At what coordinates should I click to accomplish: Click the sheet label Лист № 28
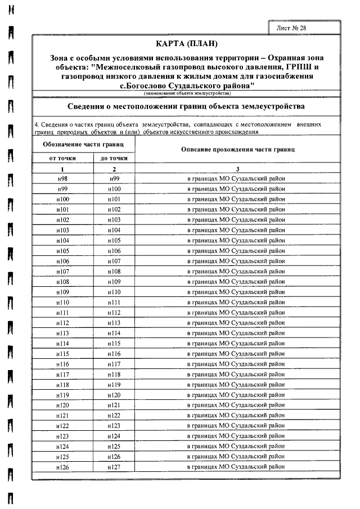click(x=291, y=27)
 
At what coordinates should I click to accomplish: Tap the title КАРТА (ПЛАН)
click(x=185, y=43)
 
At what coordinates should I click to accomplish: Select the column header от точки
click(x=62, y=158)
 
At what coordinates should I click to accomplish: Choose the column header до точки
click(x=114, y=158)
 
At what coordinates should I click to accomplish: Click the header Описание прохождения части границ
click(x=238, y=150)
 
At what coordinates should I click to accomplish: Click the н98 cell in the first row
click(x=62, y=178)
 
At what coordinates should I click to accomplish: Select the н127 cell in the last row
click(x=114, y=467)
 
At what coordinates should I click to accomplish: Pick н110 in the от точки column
click(x=62, y=302)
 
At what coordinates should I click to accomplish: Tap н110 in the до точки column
click(x=114, y=292)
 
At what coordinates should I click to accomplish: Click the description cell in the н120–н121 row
click(x=236, y=405)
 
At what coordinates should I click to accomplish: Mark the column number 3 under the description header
click(x=237, y=169)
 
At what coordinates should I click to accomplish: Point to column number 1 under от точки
click(x=62, y=169)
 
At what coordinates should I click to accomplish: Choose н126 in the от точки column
click(x=62, y=467)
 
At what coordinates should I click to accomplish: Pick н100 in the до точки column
click(x=114, y=189)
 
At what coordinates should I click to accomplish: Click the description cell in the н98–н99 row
click(x=236, y=178)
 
